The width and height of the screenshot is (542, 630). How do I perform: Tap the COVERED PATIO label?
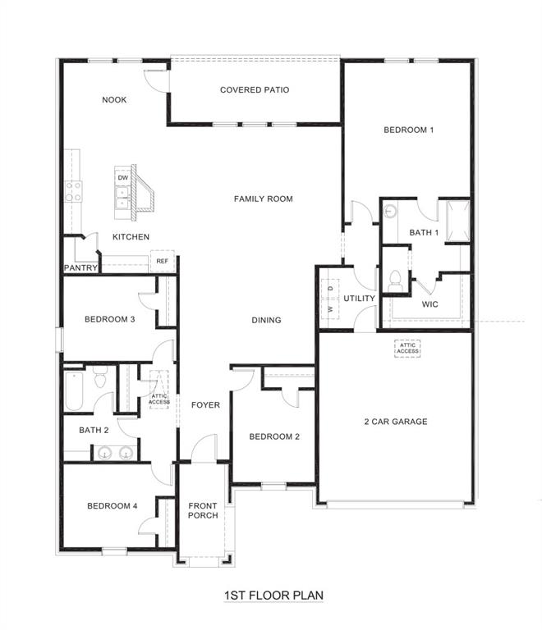pos(255,90)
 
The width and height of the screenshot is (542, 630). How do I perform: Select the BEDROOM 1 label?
pos(408,130)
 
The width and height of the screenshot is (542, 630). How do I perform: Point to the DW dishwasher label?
pos(123,177)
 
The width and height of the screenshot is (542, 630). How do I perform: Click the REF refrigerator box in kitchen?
pos(162,261)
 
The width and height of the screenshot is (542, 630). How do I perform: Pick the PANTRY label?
pos(81,268)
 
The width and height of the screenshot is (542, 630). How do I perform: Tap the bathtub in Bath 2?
pos(73,392)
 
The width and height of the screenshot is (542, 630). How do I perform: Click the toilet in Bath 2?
pos(100,378)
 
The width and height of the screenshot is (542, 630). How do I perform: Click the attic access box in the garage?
pos(408,349)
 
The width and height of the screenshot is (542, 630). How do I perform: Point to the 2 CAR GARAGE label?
pos(396,422)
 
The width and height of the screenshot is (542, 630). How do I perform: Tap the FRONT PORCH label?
pos(203,510)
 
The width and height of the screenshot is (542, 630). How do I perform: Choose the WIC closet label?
pos(429,304)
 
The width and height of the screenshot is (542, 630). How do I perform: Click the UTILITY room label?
pos(359,299)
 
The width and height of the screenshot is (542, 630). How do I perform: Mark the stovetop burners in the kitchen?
pos(72,191)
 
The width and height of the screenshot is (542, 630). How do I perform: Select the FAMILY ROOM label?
pos(263,199)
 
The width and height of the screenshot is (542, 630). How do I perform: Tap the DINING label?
pos(266,321)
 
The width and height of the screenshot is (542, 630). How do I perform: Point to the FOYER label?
pos(205,405)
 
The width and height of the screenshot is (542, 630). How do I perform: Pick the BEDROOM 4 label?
pos(112,506)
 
